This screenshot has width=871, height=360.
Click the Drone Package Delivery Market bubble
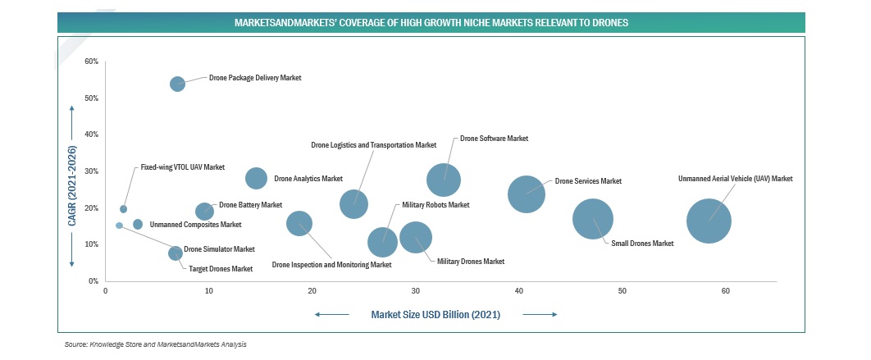click(x=177, y=84)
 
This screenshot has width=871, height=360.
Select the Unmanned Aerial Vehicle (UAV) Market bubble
click(x=709, y=221)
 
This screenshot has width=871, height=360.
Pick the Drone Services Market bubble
click(x=526, y=194)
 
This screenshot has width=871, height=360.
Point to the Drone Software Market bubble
click(x=444, y=180)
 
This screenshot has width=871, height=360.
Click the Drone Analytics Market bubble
click(x=257, y=178)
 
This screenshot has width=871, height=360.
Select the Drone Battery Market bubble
click(x=205, y=212)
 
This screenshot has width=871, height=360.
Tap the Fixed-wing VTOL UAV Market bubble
click(x=124, y=209)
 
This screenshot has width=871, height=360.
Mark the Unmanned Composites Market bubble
click(x=138, y=224)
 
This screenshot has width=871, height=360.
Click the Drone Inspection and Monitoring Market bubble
click(x=299, y=223)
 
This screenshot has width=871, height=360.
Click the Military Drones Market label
click(x=470, y=261)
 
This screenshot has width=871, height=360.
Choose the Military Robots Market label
click(x=435, y=204)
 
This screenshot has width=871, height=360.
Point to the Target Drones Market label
click(x=221, y=269)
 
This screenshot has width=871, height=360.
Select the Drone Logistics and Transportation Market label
click(x=373, y=145)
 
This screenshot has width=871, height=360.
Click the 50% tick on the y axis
click(x=92, y=98)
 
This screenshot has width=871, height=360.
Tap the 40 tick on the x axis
click(x=519, y=291)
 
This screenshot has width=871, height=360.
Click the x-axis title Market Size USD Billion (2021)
click(x=435, y=314)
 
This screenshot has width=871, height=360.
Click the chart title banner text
click(x=431, y=23)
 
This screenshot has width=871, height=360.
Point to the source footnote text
click(x=155, y=345)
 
